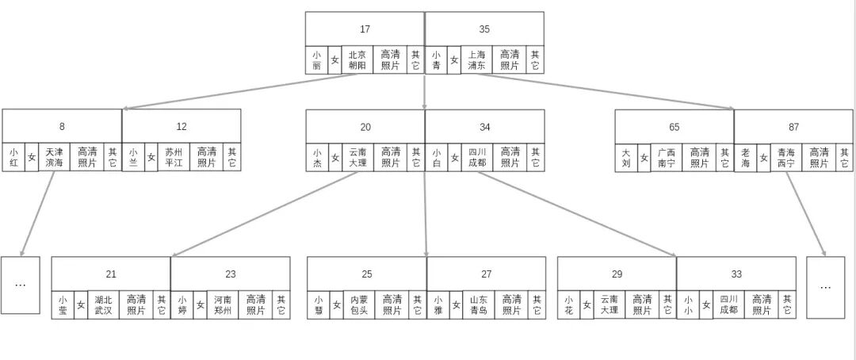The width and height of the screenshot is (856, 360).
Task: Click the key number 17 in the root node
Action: coord(365,29)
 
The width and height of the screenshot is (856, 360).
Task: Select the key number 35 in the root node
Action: coord(484,29)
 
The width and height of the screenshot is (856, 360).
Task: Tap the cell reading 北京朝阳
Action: coord(357,60)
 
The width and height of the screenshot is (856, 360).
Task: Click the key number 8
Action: coord(62,126)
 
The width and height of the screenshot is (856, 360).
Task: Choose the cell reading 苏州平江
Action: coord(174,157)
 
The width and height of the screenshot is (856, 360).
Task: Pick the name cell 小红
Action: coord(13,157)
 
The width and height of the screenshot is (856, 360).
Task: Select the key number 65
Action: coord(674,126)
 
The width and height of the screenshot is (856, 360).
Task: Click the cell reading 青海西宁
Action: coord(785,157)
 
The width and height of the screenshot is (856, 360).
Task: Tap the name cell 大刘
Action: coord(626,157)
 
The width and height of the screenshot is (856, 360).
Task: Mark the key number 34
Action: coord(484,126)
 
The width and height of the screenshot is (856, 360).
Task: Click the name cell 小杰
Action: coord(317,157)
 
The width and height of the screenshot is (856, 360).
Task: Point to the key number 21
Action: coord(111,274)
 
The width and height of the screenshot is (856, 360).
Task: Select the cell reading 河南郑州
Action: coord(223,305)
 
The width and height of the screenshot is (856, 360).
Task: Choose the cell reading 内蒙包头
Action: coord(359,305)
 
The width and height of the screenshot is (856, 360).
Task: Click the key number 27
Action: coord(486,274)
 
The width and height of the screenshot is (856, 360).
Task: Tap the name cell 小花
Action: coord(567,305)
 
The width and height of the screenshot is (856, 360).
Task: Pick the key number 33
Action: coord(736,274)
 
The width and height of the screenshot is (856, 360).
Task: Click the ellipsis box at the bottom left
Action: coord(21,285)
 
